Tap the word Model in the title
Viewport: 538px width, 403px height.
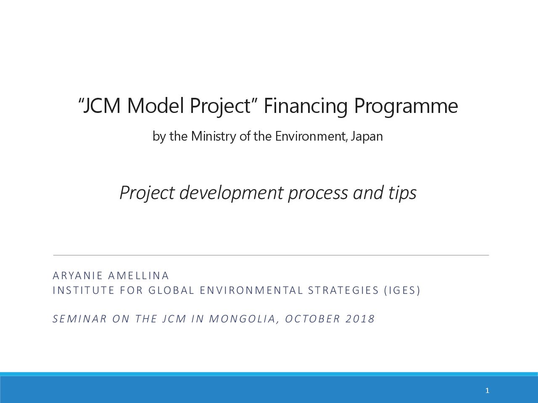[x=156, y=105]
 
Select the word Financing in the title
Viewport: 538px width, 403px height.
[x=306, y=107]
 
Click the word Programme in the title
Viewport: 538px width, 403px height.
[x=406, y=107]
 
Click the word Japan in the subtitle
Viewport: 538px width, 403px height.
[x=367, y=137]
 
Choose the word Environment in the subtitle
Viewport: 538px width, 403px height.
[x=311, y=136]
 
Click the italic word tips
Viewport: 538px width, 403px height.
[x=402, y=193]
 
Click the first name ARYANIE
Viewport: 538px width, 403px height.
[x=78, y=276]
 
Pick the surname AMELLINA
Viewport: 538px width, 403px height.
[x=138, y=276]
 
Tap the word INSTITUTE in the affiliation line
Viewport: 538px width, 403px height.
[x=84, y=290]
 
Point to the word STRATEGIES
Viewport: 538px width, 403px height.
[x=343, y=290]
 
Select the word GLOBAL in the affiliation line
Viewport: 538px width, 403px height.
[x=171, y=290]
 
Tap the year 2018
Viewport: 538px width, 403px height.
[x=360, y=319]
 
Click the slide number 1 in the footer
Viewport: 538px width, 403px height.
[x=487, y=390]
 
